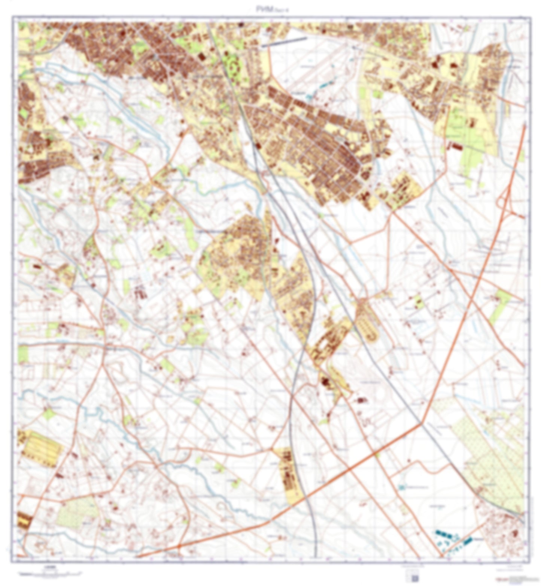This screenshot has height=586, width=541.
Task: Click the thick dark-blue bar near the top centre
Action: coord(284,42)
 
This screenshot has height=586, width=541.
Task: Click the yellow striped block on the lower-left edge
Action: coord(42,448)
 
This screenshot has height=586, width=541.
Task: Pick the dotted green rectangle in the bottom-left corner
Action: coord(77,511)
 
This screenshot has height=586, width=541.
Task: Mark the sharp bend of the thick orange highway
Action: coord(421,424)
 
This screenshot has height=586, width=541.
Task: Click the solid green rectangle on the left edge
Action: coord(23,354)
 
